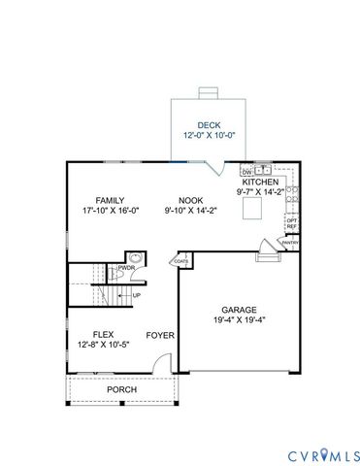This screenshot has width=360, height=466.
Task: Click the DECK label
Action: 209,125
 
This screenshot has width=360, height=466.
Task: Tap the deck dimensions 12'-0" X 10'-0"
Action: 209,136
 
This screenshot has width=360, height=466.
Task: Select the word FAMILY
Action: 111,199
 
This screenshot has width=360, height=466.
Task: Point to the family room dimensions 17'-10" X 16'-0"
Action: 111,211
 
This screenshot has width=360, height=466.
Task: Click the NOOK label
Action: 189,199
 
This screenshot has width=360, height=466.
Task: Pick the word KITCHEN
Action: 261,182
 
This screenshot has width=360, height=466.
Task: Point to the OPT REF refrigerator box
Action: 291,223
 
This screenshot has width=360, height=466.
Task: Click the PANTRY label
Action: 289,243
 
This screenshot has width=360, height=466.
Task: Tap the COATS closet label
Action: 180,261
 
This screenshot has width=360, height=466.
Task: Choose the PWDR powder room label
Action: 126,268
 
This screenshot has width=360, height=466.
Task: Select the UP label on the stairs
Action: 136,295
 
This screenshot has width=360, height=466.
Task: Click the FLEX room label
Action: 105,333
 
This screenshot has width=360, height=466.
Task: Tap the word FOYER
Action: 159,336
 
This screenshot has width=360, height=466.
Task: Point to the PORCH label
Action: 121,389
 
